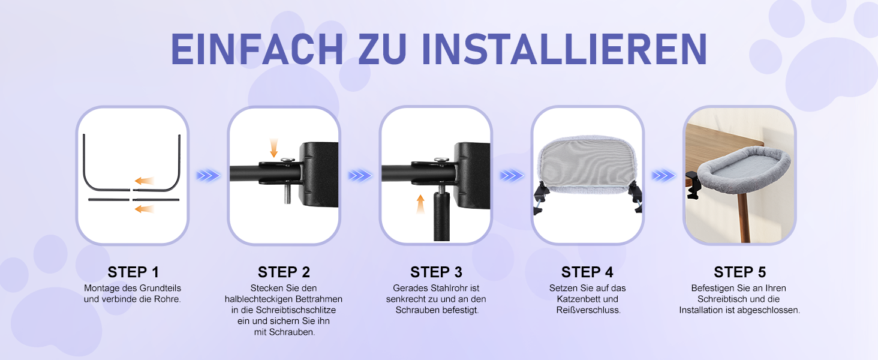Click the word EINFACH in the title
[257, 49]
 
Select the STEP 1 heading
[133, 272]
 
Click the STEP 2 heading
[284, 272]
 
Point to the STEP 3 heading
[436, 272]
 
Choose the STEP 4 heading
[587, 272]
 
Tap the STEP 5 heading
[739, 272]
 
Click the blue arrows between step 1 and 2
[208, 176]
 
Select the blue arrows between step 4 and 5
[663, 176]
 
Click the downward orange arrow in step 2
[273, 148]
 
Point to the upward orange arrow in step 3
[420, 204]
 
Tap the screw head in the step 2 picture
[288, 159]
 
